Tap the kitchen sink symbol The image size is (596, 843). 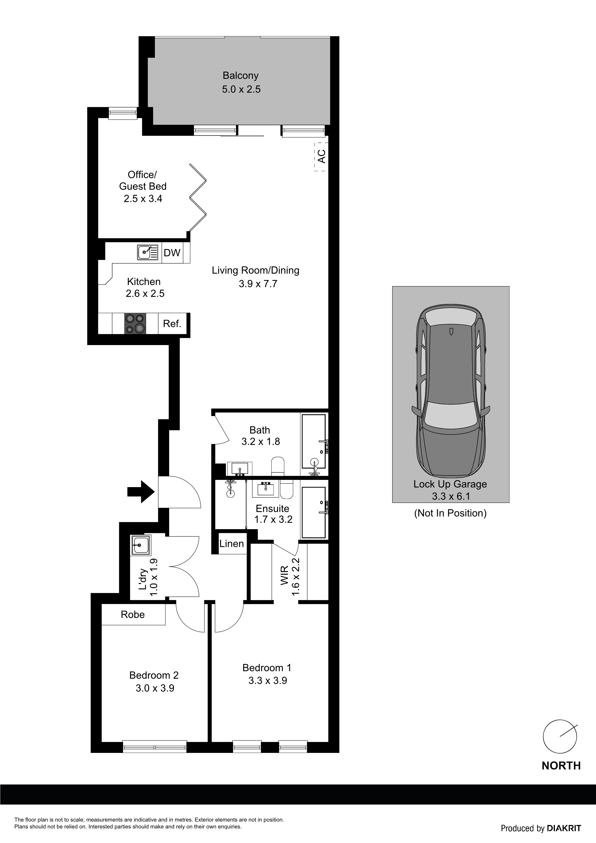click(x=148, y=252)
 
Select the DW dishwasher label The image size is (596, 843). click(x=172, y=253)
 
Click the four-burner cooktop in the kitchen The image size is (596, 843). click(x=135, y=323)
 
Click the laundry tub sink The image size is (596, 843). click(x=140, y=545)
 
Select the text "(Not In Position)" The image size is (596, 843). click(x=450, y=513)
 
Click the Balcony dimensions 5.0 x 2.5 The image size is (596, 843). click(x=241, y=89)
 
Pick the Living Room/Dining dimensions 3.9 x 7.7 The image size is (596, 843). click(x=258, y=284)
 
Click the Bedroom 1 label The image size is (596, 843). click(x=267, y=668)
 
